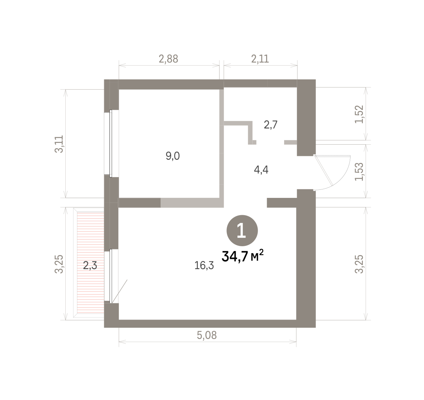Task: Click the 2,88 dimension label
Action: click(169, 59)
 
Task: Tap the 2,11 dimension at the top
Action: click(260, 59)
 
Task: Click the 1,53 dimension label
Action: click(359, 172)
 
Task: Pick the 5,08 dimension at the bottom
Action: click(207, 335)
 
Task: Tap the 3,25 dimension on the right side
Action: click(359, 264)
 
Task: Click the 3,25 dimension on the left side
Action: click(59, 264)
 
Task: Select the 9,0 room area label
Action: click(173, 156)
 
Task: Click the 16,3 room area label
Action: click(204, 266)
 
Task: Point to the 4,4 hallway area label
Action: click(261, 170)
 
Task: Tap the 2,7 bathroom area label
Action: click(271, 125)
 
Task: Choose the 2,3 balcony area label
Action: click(90, 266)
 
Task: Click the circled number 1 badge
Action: click(242, 230)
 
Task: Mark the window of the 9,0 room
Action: click(111, 144)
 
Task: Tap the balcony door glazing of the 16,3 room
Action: click(111, 276)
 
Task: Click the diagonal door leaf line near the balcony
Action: click(119, 291)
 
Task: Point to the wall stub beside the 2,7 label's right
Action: click(290, 142)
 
